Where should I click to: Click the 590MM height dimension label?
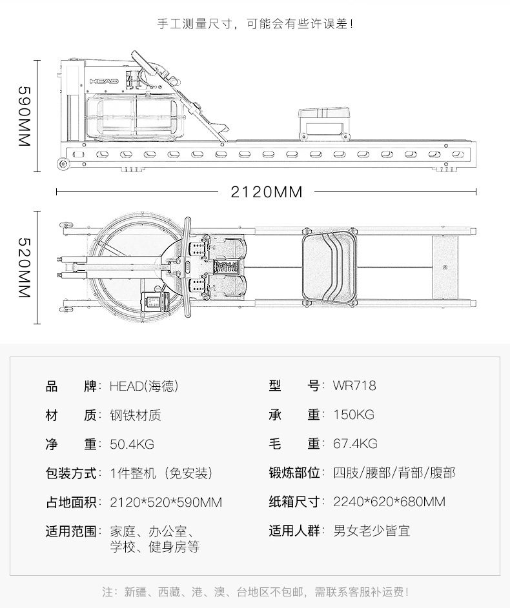point(24,116)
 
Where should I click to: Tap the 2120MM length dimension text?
point(267,191)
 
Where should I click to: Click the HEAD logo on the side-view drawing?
point(103,82)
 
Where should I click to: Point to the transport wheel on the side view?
point(63,164)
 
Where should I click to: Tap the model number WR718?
point(354,386)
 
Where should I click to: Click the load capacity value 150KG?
point(354,415)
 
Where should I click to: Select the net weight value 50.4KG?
point(132,444)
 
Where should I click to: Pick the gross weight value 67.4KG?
point(355,444)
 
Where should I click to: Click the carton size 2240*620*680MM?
point(389,502)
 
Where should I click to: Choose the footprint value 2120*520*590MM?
point(166,502)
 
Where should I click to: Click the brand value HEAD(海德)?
point(143,386)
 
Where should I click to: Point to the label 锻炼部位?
point(295,473)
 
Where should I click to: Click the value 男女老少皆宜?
point(371,531)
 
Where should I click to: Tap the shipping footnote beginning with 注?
point(255,591)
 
